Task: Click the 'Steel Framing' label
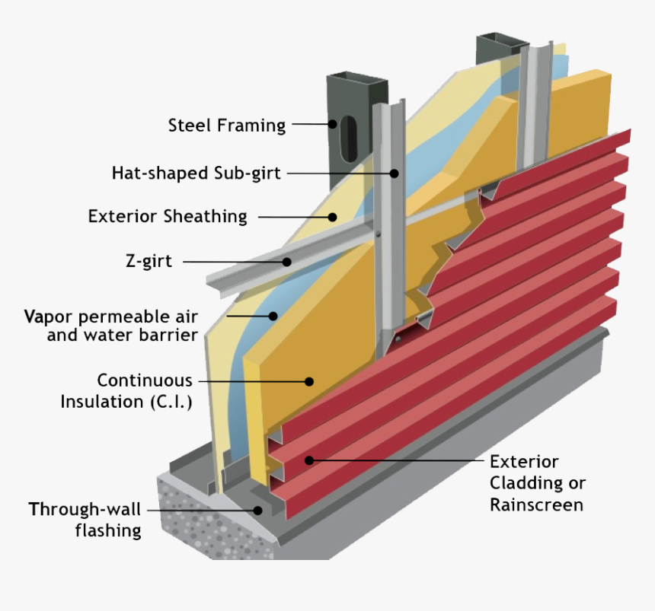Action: point(226,125)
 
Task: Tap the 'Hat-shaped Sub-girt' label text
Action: point(196,173)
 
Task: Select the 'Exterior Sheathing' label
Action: point(168,217)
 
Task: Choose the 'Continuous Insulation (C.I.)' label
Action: point(126,390)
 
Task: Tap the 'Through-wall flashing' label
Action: point(85,520)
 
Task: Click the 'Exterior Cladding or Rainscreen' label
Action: point(537,483)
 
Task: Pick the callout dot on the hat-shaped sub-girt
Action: point(395,173)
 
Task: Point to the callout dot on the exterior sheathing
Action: point(332,217)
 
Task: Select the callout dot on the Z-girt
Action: point(287,262)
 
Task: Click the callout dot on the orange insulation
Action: point(309,380)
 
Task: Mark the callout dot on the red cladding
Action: point(308,460)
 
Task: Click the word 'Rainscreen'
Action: point(536,504)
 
